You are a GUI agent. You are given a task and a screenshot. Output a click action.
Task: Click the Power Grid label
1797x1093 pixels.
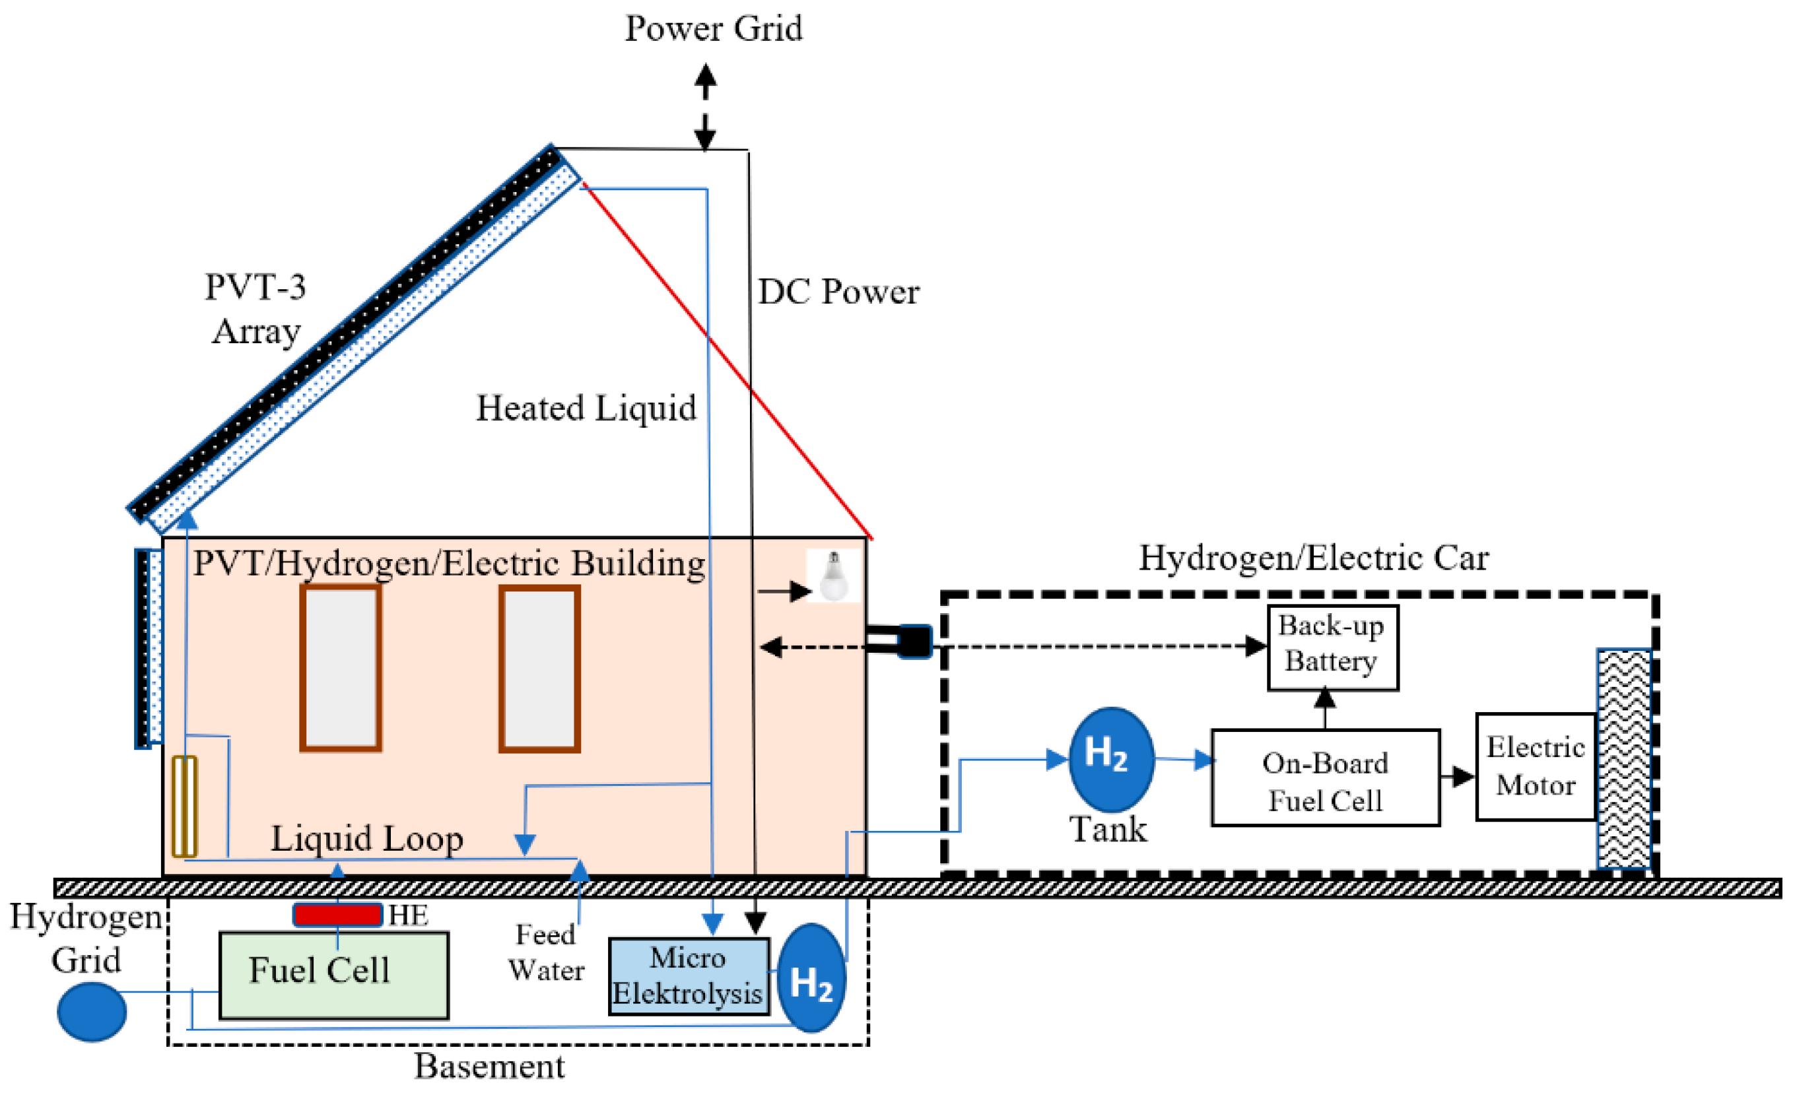click(712, 29)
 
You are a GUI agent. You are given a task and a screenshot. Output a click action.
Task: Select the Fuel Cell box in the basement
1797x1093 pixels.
click(334, 975)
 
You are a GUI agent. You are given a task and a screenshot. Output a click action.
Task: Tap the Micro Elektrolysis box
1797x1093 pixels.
click(689, 976)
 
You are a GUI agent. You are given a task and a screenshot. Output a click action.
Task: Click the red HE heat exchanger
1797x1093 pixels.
click(337, 914)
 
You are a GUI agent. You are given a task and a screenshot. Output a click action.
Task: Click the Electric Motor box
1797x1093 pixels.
click(1535, 766)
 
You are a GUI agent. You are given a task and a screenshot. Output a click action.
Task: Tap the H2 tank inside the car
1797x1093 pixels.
click(1110, 759)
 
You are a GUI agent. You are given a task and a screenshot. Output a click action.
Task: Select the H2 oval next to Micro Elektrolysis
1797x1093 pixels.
click(811, 977)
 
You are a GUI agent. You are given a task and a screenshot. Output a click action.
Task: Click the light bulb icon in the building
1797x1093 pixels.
click(833, 576)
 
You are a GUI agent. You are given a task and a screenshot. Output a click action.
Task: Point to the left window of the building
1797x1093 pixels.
click(341, 667)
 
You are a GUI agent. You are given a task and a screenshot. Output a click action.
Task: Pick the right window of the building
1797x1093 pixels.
click(539, 667)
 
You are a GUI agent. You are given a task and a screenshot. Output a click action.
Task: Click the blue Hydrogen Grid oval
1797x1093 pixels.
click(92, 1011)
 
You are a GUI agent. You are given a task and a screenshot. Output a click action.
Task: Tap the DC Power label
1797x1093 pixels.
click(838, 292)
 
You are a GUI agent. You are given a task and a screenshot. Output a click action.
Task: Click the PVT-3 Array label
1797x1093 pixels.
click(255, 309)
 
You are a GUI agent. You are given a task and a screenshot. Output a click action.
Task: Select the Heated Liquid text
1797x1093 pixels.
click(586, 408)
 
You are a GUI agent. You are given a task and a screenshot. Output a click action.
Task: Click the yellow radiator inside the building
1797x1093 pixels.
click(184, 807)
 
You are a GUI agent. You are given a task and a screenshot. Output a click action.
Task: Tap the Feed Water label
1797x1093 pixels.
click(545, 952)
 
